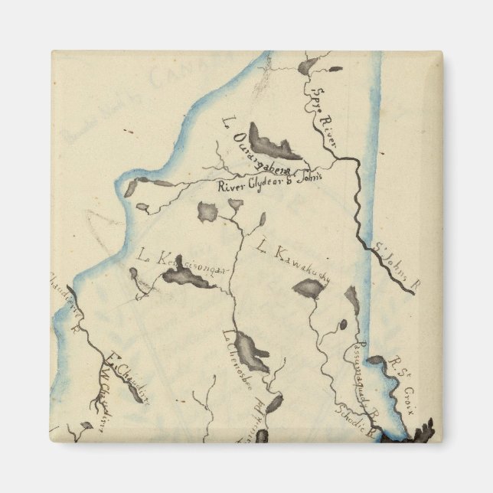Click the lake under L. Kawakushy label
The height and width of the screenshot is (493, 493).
click(x=309, y=289)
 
